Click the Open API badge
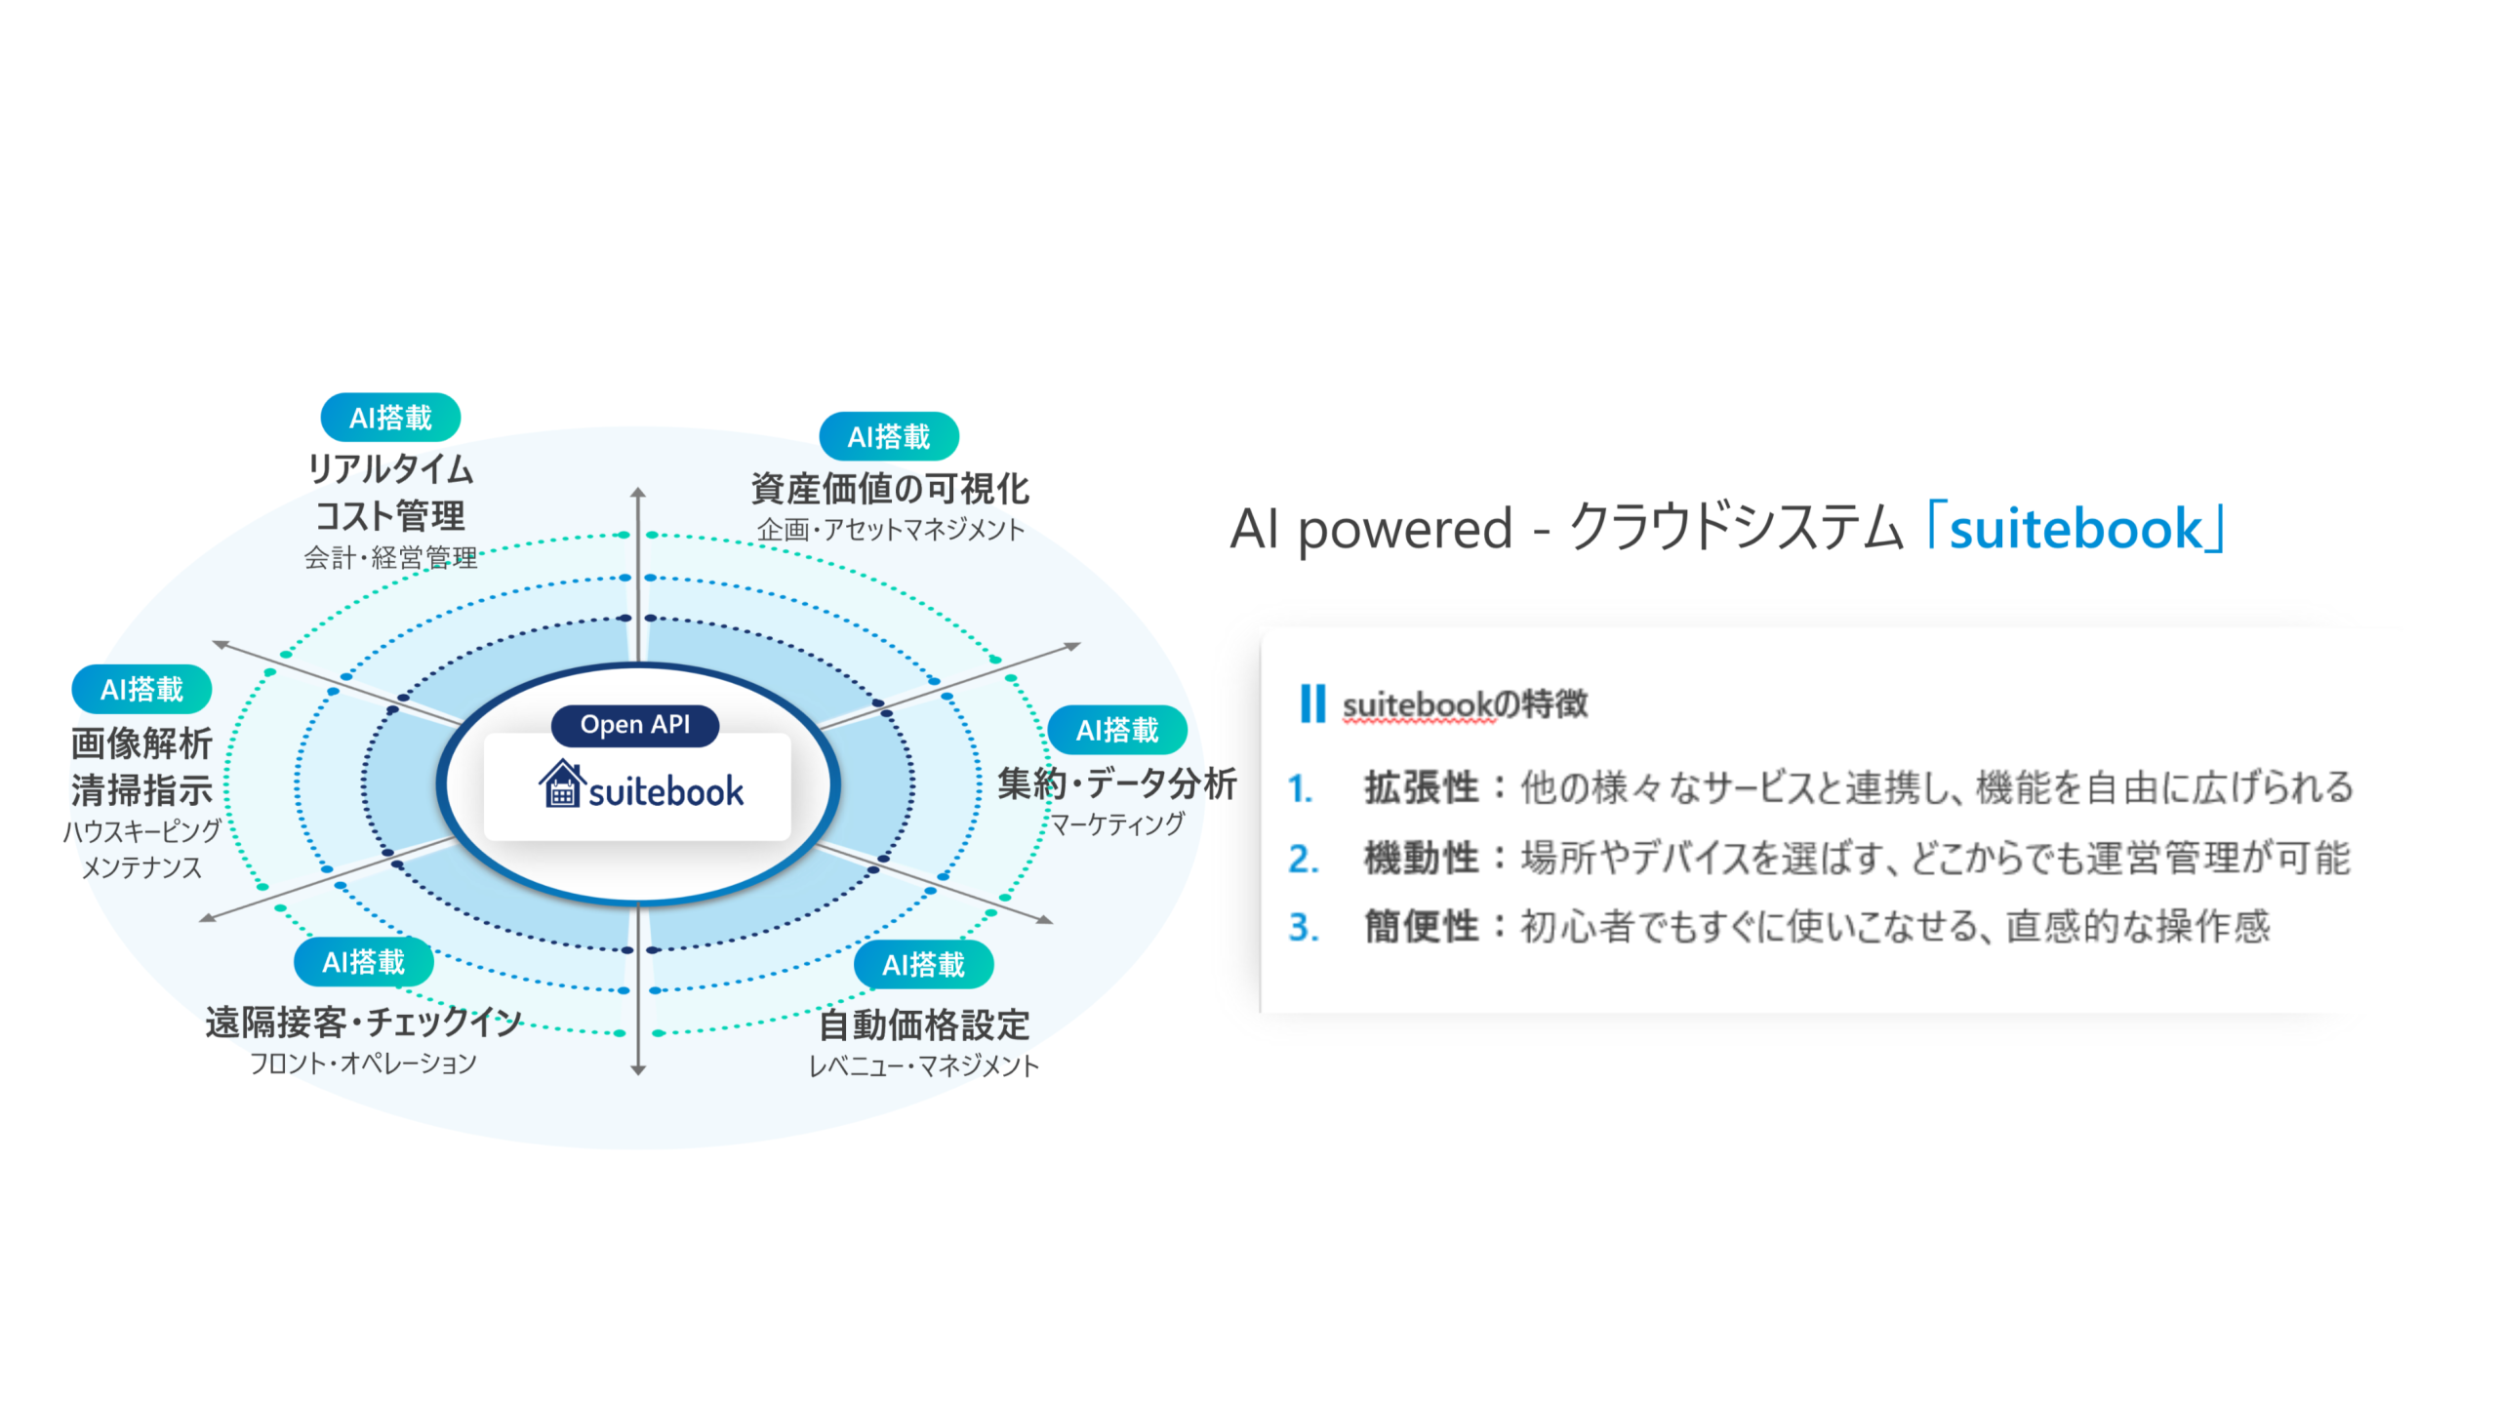tap(634, 725)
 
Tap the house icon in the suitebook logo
tap(562, 785)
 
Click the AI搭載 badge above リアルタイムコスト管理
tap(390, 418)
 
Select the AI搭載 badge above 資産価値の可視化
tap(888, 436)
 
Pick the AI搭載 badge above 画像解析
tap(141, 689)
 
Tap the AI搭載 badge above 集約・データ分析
tap(1116, 730)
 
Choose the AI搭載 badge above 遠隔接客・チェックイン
tap(363, 962)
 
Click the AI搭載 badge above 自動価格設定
tap(923, 965)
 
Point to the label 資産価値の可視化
tap(890, 488)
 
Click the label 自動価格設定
tap(923, 1024)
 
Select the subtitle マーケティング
tap(1116, 824)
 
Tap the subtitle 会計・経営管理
tap(390, 557)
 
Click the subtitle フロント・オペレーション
tap(363, 1063)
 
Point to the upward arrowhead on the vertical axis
tap(638, 493)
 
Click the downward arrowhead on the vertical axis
tap(638, 1069)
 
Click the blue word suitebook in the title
tap(2075, 529)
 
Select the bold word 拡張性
tap(1421, 787)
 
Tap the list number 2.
tap(1304, 859)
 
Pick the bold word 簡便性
tap(1421, 927)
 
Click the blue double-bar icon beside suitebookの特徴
tap(1312, 703)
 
